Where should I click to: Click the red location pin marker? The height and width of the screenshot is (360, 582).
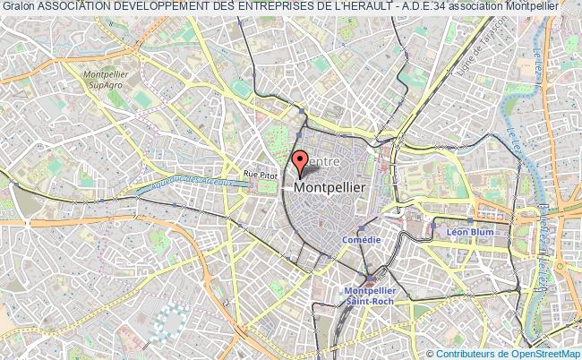point(300,160)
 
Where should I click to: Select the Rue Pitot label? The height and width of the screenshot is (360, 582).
point(261,175)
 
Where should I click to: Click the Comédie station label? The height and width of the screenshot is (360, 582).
point(362,240)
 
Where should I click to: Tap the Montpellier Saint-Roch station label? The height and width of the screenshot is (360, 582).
point(372,295)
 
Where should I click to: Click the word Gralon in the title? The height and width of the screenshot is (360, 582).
point(17,6)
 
